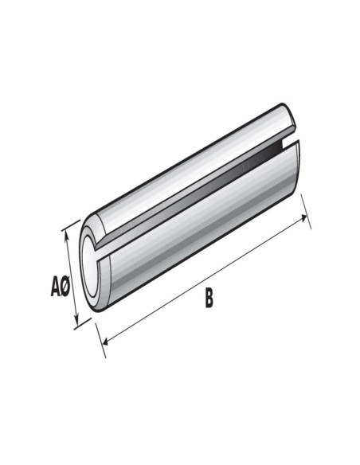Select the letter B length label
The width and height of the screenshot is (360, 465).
[x=209, y=300]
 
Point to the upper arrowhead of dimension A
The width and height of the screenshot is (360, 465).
[x=76, y=232]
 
